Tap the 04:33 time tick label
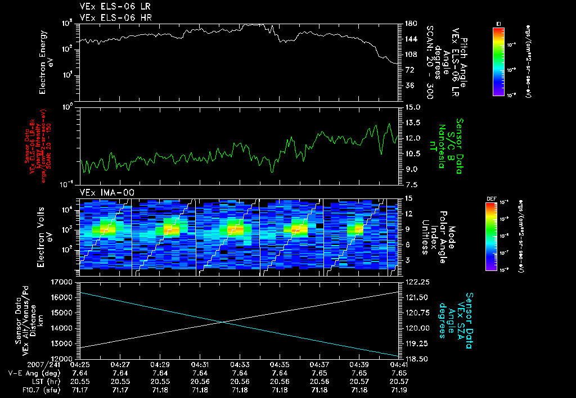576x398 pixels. pyautogui.click(x=240, y=364)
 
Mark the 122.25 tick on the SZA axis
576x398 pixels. pyautogui.click(x=416, y=282)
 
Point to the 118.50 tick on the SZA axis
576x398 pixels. pyautogui.click(x=416, y=358)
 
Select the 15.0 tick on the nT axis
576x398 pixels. pyautogui.click(x=411, y=107)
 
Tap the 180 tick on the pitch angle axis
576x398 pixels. pyautogui.click(x=410, y=24)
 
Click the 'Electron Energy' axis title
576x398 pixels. pyautogui.click(x=43, y=62)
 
